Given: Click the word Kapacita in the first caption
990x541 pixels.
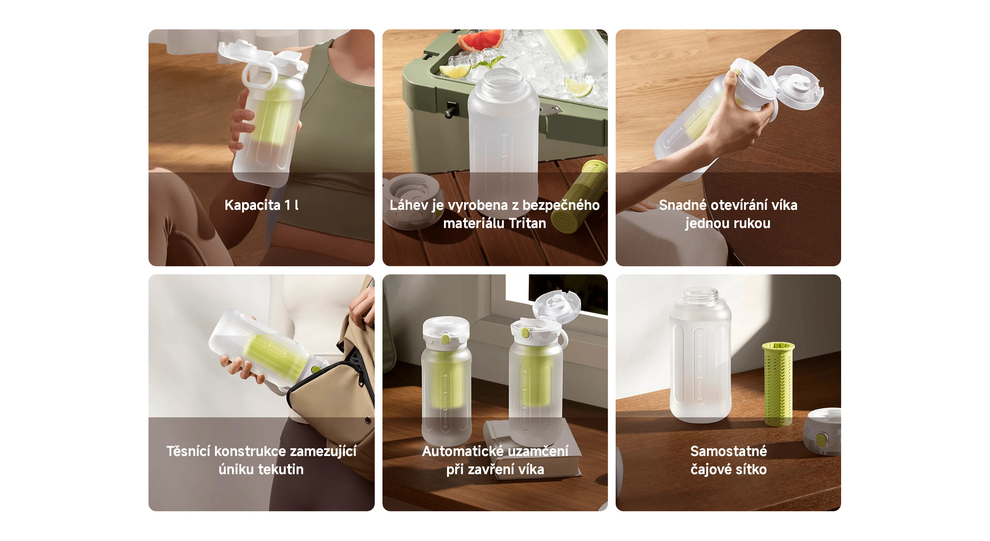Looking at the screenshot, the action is coord(253,205).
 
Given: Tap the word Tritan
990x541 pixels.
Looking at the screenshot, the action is coord(527,223).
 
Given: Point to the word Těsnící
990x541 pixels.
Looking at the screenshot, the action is coord(188,451).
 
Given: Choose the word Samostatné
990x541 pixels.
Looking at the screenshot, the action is coord(729,451).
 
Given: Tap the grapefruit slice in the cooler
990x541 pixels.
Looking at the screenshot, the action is coord(481,39).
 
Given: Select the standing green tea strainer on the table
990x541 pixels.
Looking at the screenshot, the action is coord(778,385).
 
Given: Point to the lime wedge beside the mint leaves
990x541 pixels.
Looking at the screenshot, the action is coord(456,71).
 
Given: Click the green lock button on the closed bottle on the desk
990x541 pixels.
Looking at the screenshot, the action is coord(445,339).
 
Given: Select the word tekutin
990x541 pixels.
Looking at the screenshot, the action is coord(281,470).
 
